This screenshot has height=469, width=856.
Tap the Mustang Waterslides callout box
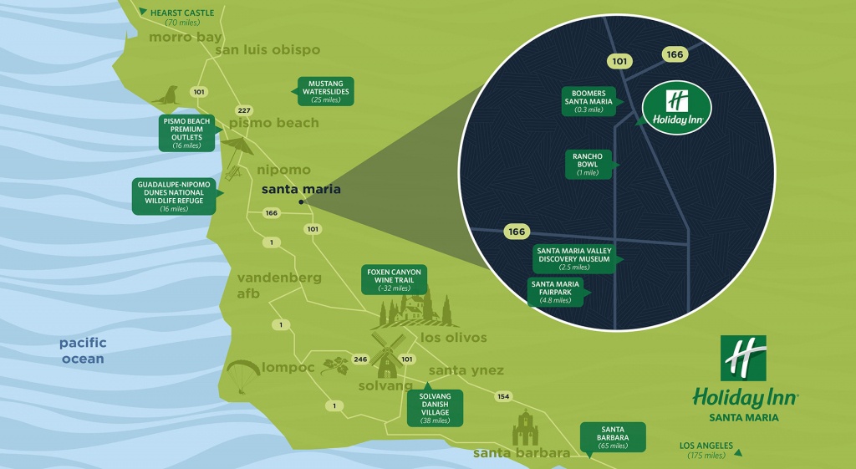tap(325, 91)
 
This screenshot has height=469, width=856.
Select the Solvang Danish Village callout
tap(434, 407)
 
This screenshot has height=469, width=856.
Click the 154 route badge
tap(503, 396)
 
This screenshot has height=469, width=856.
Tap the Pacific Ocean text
tap(82, 350)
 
